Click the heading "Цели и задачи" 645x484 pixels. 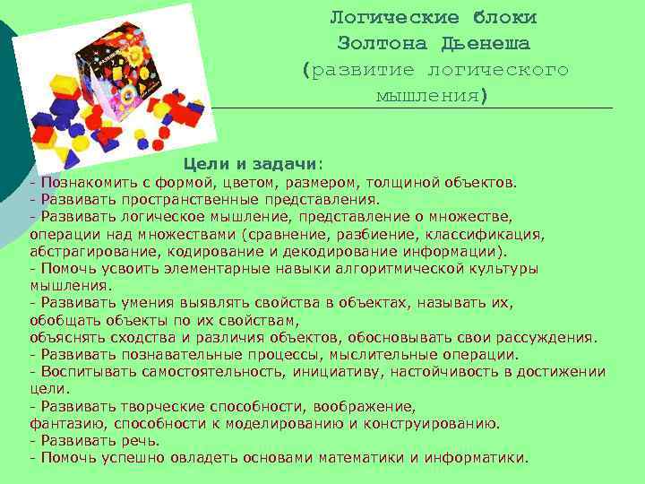[251, 164]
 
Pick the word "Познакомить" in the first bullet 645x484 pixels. [81, 184]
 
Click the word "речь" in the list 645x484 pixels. [142, 440]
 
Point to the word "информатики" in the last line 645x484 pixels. [477, 457]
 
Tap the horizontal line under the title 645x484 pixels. [412, 109]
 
